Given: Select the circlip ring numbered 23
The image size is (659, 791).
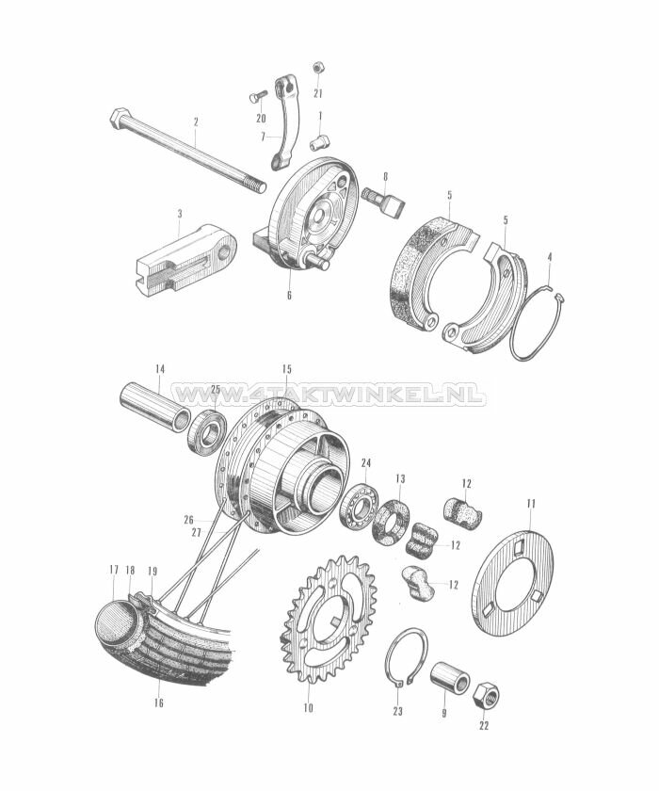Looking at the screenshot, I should click(405, 660).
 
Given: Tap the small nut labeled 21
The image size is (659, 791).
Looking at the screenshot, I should click(318, 68).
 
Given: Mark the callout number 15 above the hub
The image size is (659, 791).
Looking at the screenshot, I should click(286, 367).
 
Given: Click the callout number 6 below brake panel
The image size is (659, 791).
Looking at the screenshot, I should click(289, 296).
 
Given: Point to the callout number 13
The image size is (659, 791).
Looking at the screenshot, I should click(400, 479).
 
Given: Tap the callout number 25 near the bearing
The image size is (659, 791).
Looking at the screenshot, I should click(215, 389).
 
